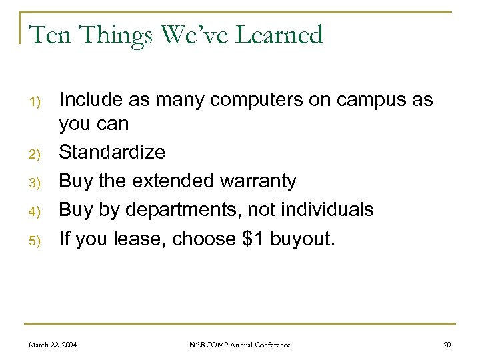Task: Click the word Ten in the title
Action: (x=49, y=35)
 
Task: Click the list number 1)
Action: (x=37, y=102)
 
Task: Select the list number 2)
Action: (x=37, y=154)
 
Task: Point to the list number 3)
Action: (x=37, y=183)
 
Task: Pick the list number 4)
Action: (x=37, y=211)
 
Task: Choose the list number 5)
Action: (x=37, y=240)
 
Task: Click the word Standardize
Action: (x=112, y=152)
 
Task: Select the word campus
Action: (x=375, y=101)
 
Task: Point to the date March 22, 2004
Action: (x=53, y=345)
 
